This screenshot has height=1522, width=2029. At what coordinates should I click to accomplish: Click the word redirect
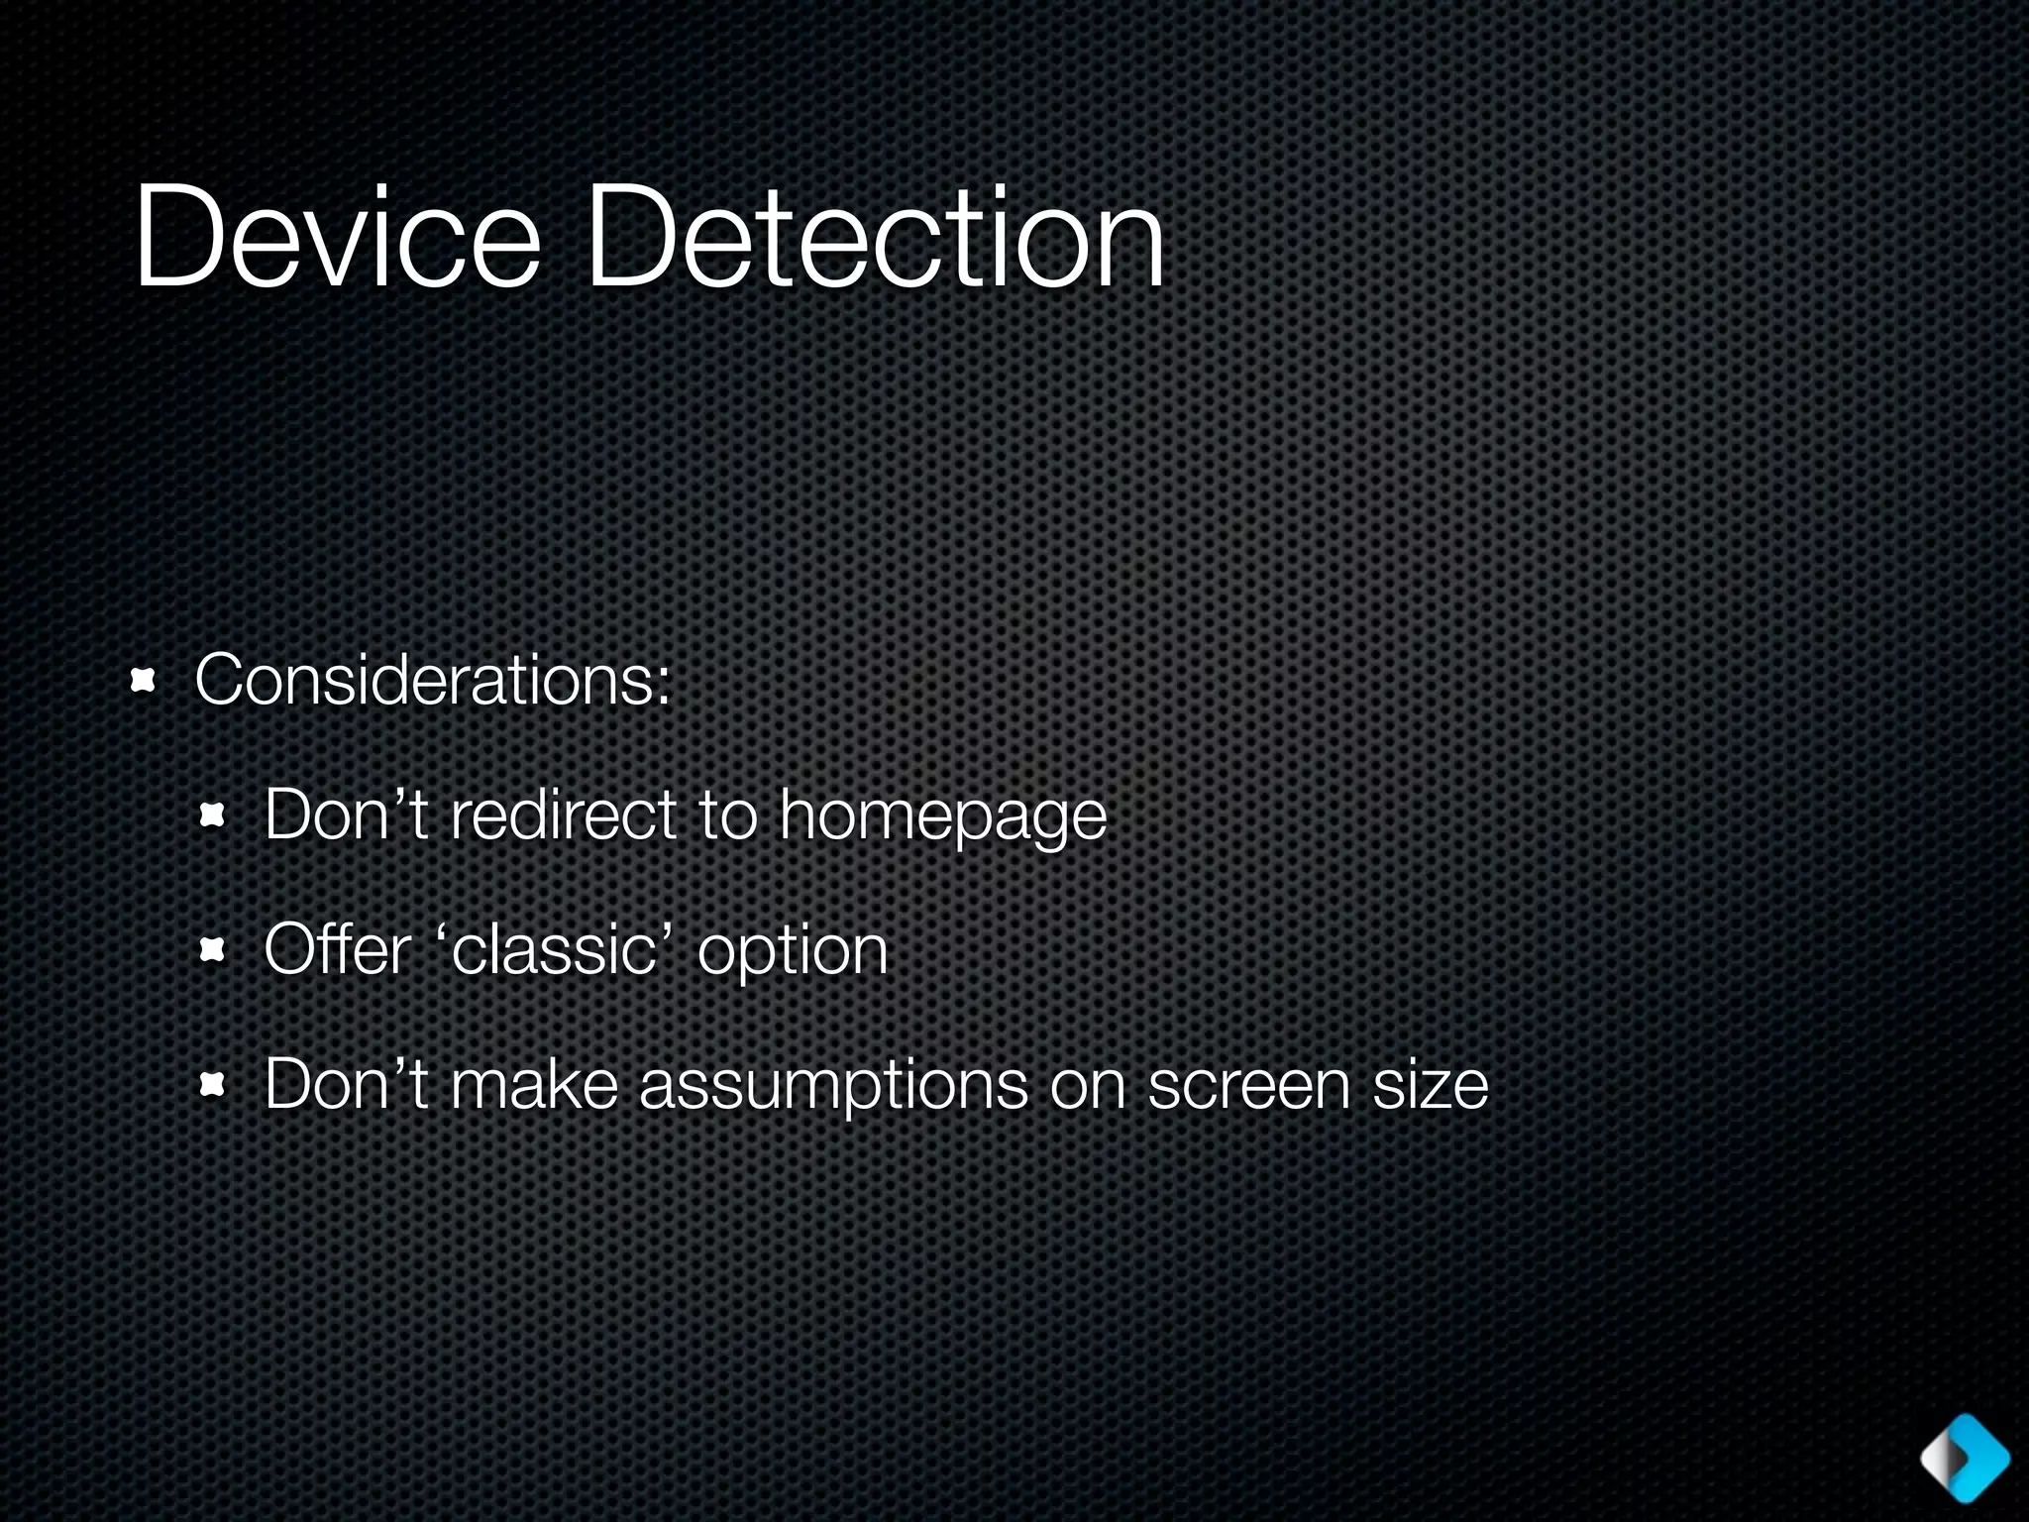[563, 815]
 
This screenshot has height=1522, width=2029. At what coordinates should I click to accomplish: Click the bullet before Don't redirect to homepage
[213, 815]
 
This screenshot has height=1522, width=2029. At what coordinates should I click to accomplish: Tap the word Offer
[337, 949]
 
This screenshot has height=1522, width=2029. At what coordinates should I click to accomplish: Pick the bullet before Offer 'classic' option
[213, 950]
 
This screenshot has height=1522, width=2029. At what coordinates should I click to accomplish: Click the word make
[535, 1084]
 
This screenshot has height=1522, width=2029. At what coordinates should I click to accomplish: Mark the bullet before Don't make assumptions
[213, 1085]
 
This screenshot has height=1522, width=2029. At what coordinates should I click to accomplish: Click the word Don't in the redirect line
[346, 815]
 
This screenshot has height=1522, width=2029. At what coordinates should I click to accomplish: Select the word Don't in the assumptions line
[346, 1084]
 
